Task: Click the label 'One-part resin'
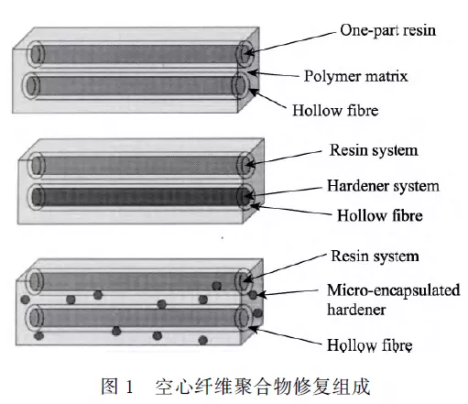click(x=387, y=31)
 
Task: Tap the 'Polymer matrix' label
click(x=355, y=76)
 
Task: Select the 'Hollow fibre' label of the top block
click(x=335, y=110)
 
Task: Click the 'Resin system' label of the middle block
click(x=374, y=150)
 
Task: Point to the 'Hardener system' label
click(x=383, y=186)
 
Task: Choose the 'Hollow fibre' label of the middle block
click(x=380, y=215)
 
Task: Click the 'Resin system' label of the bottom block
click(x=375, y=257)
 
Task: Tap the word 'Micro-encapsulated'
click(x=393, y=290)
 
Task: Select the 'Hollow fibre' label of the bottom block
click(x=370, y=345)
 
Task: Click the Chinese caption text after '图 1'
click(x=262, y=387)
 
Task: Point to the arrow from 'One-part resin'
click(x=290, y=42)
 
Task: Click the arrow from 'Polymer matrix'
click(x=274, y=74)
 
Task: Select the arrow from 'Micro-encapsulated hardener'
click(x=288, y=293)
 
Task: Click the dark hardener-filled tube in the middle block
click(x=141, y=197)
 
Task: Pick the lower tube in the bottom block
click(x=140, y=318)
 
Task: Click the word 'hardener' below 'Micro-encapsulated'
click(x=356, y=310)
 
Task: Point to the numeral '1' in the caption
click(x=129, y=387)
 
